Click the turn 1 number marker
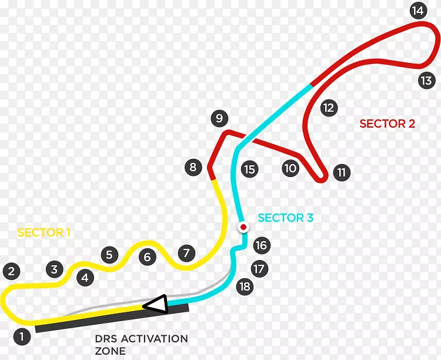coord(22,337)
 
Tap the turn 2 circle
coord(11,271)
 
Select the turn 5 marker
coord(109,255)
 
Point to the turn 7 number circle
coord(186,253)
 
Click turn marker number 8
coord(193,167)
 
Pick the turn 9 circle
coord(219,118)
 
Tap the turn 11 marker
coord(342,172)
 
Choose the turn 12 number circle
coord(328,108)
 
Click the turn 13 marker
coord(426,80)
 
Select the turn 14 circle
coord(418,11)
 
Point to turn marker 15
coord(249,169)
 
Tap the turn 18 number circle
coord(245,286)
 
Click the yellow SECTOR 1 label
coord(44,232)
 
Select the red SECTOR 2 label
coord(387,124)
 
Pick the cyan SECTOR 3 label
coord(285,218)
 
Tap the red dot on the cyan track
coord(242,226)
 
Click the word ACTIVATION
coord(151,339)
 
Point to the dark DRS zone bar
coord(112,318)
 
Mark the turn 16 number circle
coord(261,245)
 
